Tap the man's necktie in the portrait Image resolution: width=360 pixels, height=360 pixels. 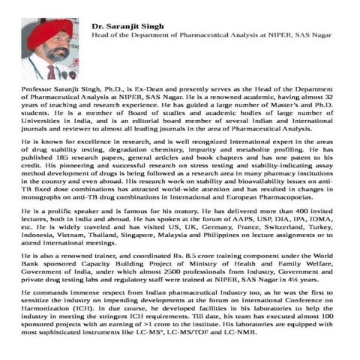click(x=52, y=71)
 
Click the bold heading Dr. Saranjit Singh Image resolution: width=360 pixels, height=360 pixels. click(x=128, y=26)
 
